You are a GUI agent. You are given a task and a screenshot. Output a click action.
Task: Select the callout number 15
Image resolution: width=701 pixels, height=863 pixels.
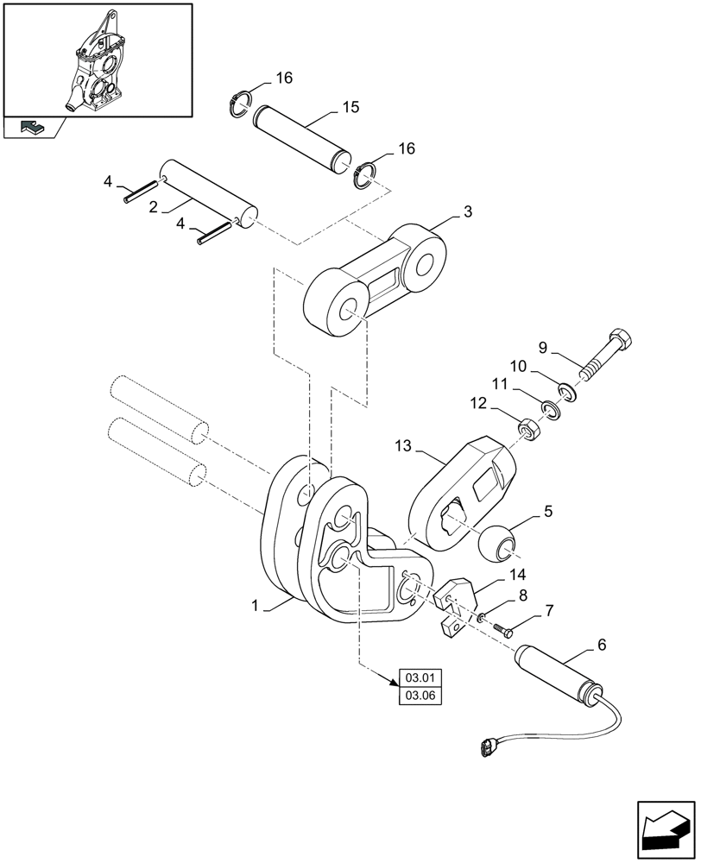tap(350, 108)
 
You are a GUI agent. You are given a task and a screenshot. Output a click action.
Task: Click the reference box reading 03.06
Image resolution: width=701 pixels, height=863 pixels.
tap(418, 696)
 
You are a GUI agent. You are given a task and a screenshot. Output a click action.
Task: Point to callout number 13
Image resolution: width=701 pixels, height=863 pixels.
tap(401, 446)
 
